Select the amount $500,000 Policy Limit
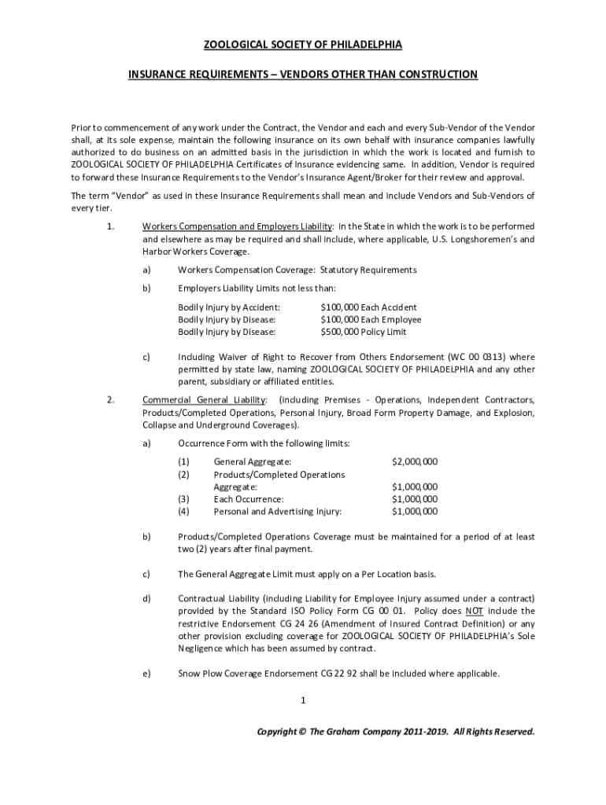[x=363, y=332]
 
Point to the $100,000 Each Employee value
[x=370, y=319]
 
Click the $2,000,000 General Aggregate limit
[x=415, y=461]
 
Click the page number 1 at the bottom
[x=303, y=700]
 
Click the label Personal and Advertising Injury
[x=278, y=512]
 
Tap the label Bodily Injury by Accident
[x=229, y=307]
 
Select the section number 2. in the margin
[x=111, y=399]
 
